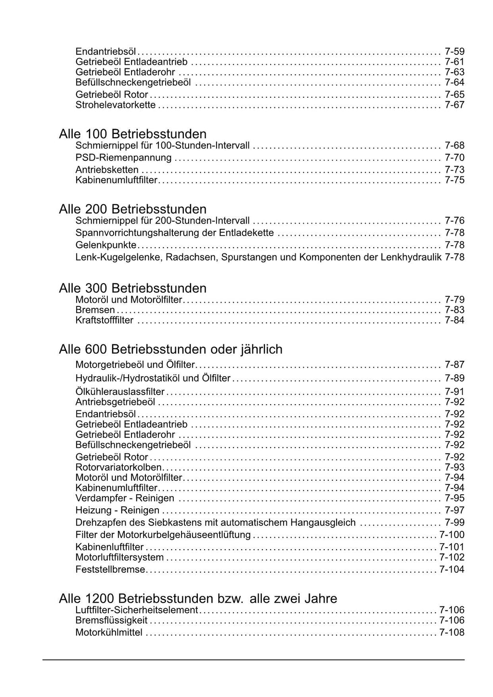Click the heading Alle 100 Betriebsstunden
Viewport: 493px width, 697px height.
click(x=132, y=134)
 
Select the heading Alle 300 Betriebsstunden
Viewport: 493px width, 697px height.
click(x=132, y=288)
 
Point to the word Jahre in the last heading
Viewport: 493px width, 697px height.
click(x=321, y=599)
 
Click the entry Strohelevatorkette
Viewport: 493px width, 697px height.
click(x=116, y=105)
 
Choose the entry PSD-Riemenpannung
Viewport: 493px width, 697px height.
click(x=123, y=158)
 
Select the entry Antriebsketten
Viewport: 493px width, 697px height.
click(x=107, y=170)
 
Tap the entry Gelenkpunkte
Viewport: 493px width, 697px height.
click(x=106, y=245)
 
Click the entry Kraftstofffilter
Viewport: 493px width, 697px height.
click(x=104, y=320)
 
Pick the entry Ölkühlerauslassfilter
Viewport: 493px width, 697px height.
click(x=120, y=392)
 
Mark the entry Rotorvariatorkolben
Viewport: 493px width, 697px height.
click(x=119, y=467)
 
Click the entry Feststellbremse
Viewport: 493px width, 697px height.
click(x=110, y=569)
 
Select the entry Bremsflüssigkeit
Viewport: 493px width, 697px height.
click(x=112, y=620)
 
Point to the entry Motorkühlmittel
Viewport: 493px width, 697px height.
click(x=109, y=632)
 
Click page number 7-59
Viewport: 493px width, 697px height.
click(x=454, y=52)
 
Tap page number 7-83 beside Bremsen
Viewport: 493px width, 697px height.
click(x=454, y=310)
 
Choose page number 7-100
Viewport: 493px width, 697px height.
click(x=452, y=535)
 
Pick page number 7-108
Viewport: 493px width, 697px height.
click(x=452, y=632)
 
